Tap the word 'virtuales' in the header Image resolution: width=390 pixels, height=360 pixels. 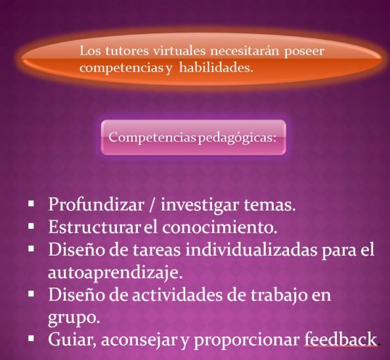(179, 50)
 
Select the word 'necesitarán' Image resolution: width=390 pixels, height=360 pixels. (246, 50)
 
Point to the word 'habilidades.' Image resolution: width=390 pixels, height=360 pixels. (216, 68)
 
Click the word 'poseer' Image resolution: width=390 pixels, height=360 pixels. (304, 52)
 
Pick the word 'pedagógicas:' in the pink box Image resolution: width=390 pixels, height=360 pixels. (237, 138)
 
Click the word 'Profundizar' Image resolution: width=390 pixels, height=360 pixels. (97, 205)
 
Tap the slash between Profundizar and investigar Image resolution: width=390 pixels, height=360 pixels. (152, 205)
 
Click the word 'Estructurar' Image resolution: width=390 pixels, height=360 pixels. (95, 227)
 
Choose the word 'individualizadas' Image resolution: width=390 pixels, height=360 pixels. (251, 249)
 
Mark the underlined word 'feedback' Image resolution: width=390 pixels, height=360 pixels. (341, 340)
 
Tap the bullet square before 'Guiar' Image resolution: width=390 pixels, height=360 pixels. (31, 338)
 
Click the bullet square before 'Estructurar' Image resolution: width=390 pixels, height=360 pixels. (31, 226)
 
